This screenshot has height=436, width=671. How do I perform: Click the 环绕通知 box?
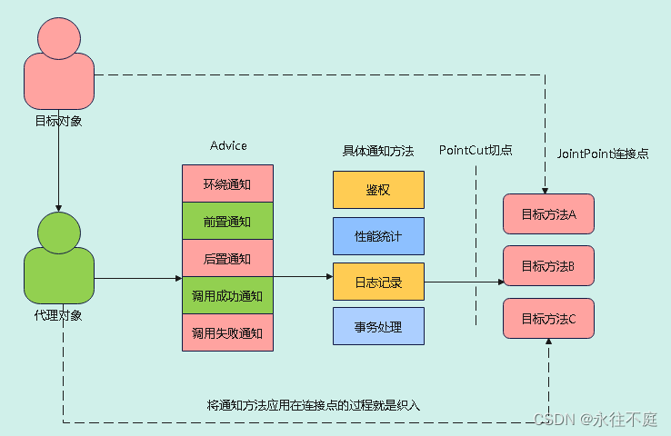(x=227, y=183)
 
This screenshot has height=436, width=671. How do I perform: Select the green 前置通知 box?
(x=227, y=221)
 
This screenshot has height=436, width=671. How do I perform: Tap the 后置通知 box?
(x=227, y=258)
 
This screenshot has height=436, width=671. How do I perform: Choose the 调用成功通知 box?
(x=227, y=295)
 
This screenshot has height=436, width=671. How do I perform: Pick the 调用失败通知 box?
(x=227, y=332)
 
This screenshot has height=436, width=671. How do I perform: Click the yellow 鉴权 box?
(x=379, y=190)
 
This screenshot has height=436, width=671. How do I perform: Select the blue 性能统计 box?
(x=379, y=236)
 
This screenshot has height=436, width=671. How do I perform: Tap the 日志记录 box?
(x=379, y=282)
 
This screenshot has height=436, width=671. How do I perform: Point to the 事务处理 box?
(x=379, y=326)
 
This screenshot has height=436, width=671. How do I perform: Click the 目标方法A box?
(x=548, y=213)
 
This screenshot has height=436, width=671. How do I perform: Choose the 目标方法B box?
(x=548, y=265)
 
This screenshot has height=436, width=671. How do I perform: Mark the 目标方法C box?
(x=548, y=319)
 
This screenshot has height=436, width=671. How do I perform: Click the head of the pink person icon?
(x=59, y=38)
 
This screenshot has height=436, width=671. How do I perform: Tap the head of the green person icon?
(x=59, y=233)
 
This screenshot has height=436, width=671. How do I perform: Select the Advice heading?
(x=228, y=145)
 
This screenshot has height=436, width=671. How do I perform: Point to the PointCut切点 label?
(x=476, y=150)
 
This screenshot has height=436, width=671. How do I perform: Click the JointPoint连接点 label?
(x=603, y=154)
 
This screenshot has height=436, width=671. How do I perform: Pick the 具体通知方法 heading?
(x=378, y=151)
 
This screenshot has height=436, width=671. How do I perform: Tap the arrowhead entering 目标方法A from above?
(x=546, y=191)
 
